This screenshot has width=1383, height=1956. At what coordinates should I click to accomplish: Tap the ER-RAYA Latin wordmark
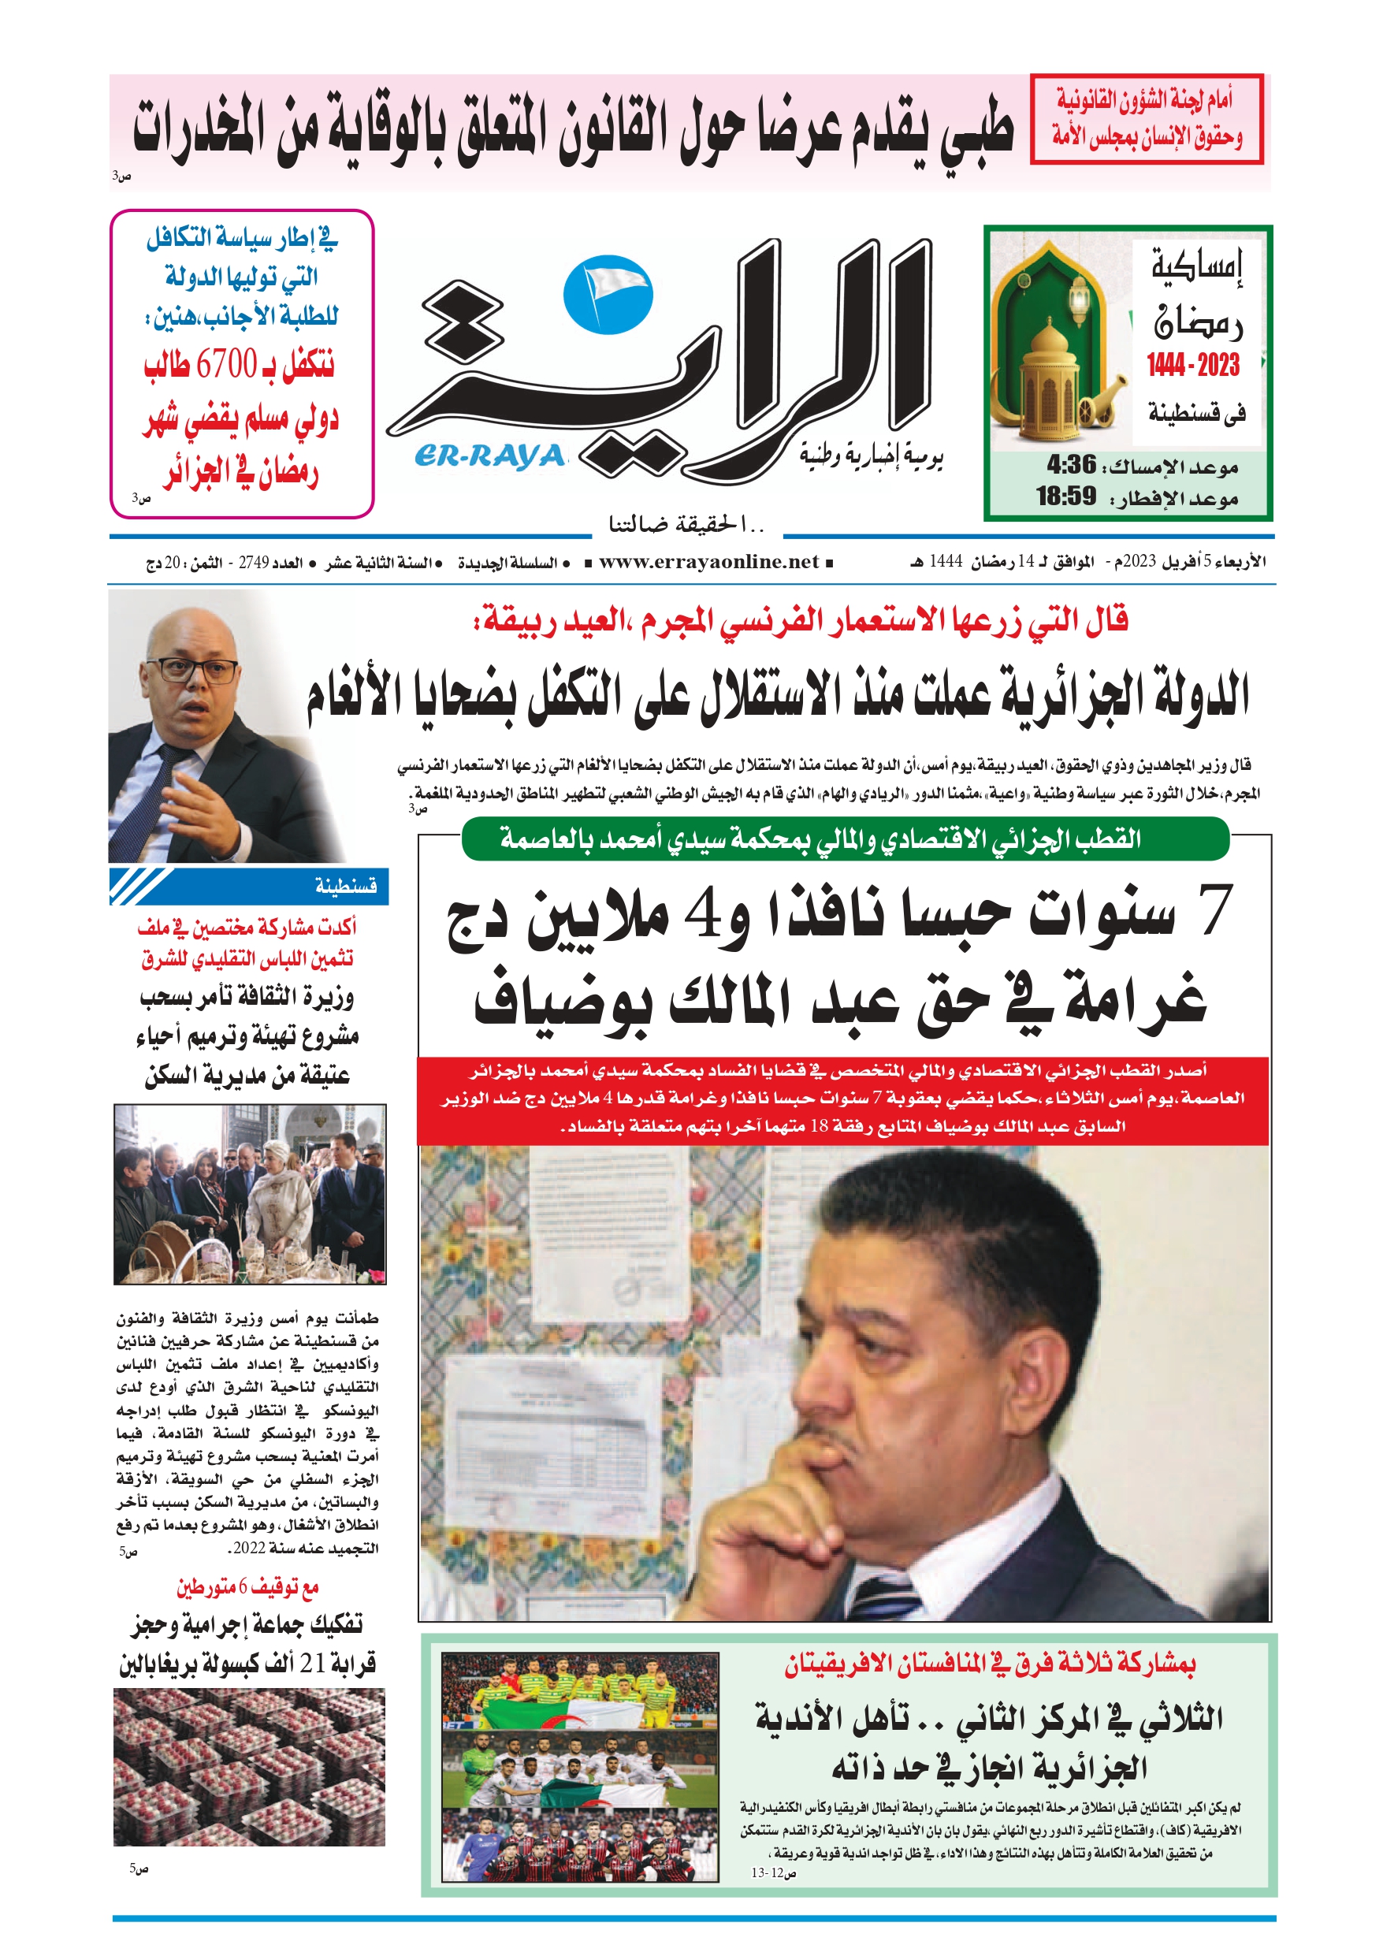490,456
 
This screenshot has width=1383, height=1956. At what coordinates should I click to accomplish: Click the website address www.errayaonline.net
708,561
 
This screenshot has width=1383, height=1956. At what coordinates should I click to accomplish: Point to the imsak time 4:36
1071,465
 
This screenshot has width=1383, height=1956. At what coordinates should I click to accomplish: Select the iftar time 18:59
1065,496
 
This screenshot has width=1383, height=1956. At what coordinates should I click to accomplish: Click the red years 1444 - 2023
1192,366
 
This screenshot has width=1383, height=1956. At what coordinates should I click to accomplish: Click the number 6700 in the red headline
226,366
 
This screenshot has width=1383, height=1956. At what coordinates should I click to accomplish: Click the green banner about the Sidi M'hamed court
846,839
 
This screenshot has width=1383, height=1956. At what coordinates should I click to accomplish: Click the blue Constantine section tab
249,887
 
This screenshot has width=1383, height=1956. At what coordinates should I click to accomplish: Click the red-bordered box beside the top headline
1145,118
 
